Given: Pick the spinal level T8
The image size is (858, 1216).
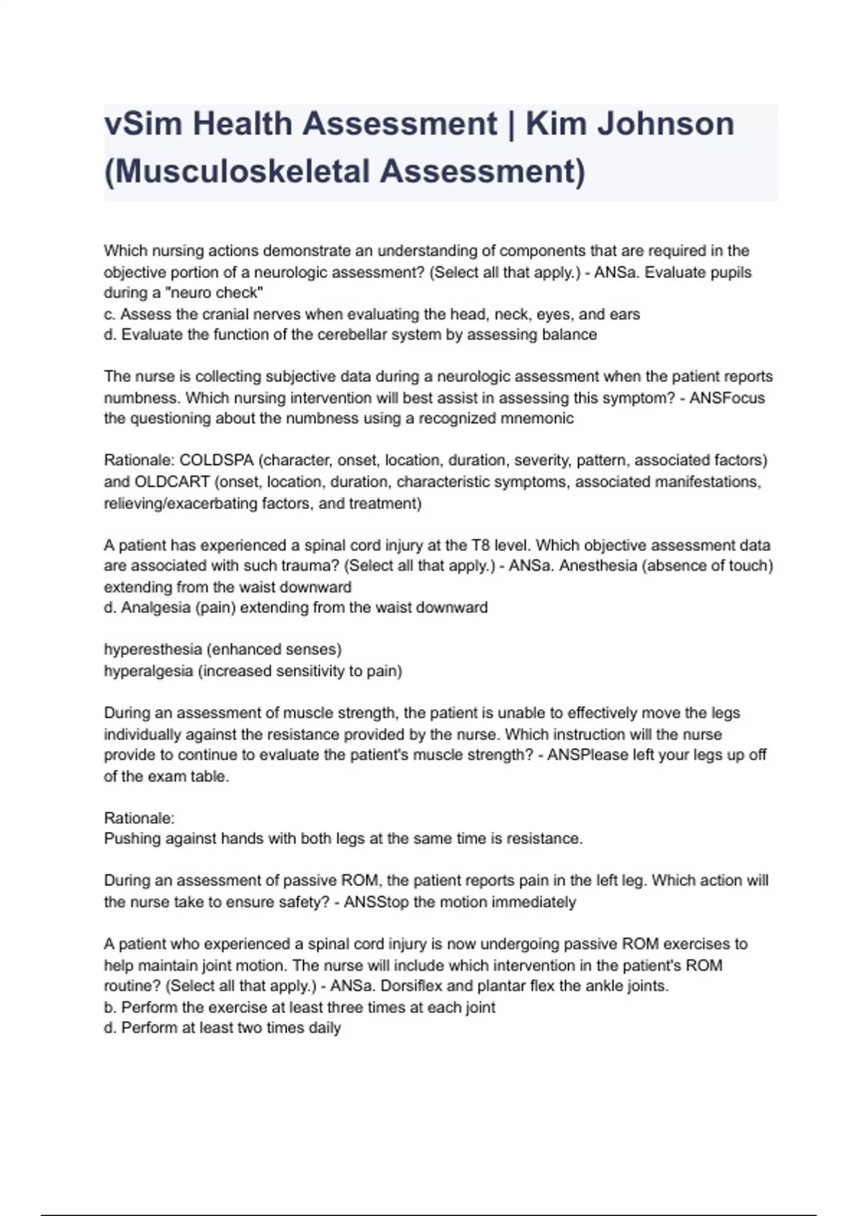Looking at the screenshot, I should pyautogui.click(x=480, y=545).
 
